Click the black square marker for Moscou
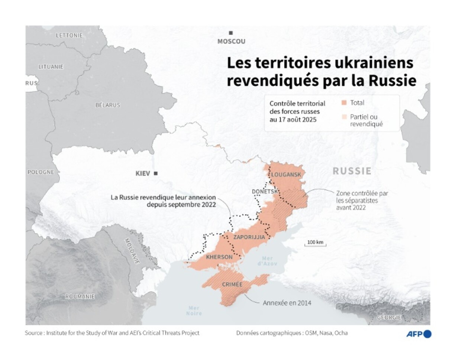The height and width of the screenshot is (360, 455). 231,33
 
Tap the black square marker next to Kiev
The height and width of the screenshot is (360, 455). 156,173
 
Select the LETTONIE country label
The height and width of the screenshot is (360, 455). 69,35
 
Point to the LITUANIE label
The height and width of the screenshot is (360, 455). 51,67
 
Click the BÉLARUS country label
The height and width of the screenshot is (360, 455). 108,105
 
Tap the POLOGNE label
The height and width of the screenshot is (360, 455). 41,172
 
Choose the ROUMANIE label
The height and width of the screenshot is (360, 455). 80,296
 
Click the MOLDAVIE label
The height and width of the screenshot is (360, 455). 132,251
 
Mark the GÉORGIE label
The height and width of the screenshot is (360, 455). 389,317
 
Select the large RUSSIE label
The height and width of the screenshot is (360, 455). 352,171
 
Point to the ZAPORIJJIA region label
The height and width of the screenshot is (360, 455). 249,237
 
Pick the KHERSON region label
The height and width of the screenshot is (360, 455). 219,257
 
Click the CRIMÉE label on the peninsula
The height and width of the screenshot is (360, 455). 232,285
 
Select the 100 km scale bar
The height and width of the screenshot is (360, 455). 315,243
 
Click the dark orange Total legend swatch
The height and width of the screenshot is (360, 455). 344,103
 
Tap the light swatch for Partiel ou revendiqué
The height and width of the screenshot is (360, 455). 344,117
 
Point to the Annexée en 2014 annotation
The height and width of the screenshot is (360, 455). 287,303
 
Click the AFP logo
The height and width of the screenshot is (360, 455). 418,334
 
